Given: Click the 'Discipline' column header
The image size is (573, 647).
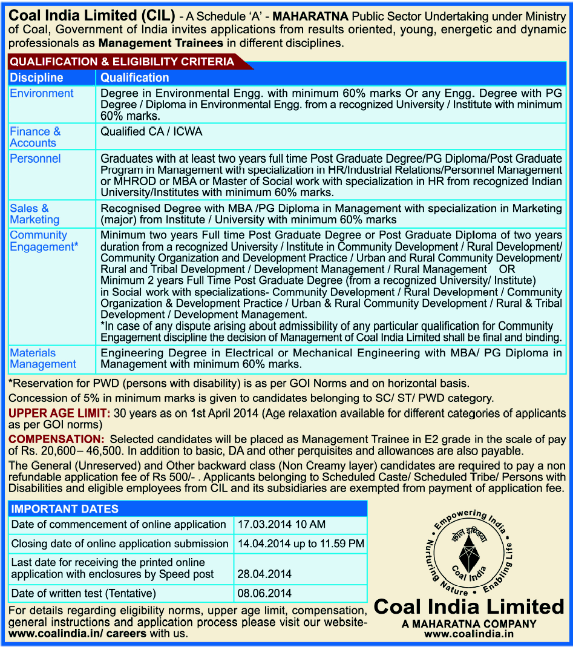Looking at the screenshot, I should coord(37,77).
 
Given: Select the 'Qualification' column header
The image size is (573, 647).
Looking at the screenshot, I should coord(134,77).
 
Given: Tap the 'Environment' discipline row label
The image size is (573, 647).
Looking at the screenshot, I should coord(42,93).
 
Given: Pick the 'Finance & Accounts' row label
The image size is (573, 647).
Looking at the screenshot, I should coord(35,137).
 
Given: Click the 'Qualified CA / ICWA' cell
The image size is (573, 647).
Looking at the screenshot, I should coord(151,131).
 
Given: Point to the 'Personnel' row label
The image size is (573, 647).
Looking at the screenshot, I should coord(35,159).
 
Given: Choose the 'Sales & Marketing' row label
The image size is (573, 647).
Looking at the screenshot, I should coord(34,214).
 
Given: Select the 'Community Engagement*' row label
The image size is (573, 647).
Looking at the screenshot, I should coord(44,241).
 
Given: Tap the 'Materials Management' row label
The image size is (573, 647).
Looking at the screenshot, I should coord(42,358).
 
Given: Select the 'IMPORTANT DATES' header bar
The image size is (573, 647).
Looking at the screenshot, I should coord(65,509).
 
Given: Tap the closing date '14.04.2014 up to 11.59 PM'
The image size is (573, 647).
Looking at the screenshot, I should coord(301,544).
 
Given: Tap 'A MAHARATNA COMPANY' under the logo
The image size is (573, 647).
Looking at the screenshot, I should coord(469,623).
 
